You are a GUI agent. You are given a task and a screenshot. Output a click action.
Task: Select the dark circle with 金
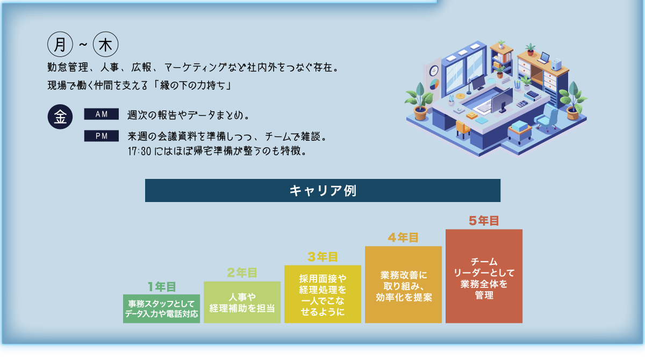coord(60,117)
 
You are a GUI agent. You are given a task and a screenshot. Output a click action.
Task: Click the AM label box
coord(101,114)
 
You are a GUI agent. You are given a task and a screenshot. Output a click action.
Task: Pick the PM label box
coord(101,136)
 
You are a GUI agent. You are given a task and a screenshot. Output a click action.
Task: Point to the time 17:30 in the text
coord(138,151)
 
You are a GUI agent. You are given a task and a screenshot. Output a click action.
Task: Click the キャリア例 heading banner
coord(322,191)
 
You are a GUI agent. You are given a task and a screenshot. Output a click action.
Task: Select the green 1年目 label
coord(162,287)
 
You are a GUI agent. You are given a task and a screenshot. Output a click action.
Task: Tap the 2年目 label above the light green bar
coord(242,273)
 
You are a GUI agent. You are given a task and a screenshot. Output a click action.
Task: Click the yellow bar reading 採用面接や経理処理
coord(322,294)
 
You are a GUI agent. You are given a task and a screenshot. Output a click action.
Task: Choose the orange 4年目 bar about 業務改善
coord(403,285)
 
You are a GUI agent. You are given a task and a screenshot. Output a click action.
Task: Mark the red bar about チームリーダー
coord(484,276)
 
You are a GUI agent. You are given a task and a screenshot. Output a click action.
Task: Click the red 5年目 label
coord(484,220)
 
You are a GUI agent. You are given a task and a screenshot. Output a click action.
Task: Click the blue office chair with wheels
coord(548,118)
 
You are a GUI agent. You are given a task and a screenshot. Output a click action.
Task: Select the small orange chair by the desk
coord(462,128)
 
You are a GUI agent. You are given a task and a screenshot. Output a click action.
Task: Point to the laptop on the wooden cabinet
coord(544,57)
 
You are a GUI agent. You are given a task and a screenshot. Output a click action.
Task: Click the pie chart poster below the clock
coord(434,84)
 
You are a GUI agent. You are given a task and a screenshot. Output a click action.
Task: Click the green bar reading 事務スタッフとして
coord(162,308)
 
